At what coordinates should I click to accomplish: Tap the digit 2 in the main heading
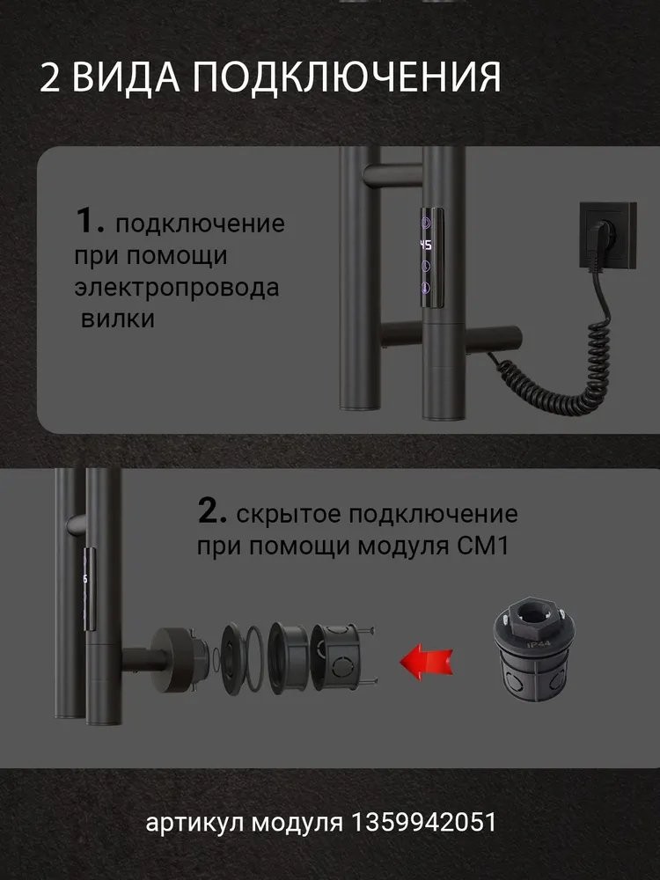pos(49,77)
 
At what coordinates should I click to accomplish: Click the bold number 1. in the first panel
pos(90,220)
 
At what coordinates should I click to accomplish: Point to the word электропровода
pos(177,288)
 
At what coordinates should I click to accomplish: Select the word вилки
pos(118,319)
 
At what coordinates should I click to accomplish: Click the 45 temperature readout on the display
pos(426,246)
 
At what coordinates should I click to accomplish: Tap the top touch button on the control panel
pos(427,223)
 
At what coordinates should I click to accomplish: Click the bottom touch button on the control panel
pos(426,289)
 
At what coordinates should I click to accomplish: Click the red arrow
pos(427,661)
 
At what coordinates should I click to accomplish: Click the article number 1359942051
pos(424,823)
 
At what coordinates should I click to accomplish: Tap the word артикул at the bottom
pos(194,824)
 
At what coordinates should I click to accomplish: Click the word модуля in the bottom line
pos(297,824)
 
